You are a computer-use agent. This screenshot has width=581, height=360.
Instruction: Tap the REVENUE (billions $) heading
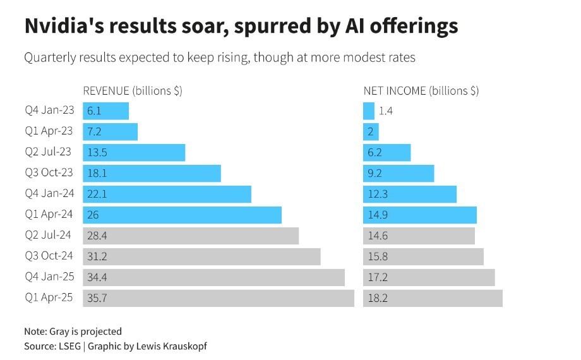click(133, 90)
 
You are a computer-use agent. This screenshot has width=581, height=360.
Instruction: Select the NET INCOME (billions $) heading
click(421, 90)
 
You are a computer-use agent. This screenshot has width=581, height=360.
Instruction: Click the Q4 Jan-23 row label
click(49, 111)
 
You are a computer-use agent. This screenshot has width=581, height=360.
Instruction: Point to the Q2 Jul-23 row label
click(49, 152)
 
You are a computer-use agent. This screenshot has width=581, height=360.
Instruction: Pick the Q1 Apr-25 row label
click(49, 297)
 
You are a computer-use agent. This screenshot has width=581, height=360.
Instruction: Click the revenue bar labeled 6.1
click(106, 111)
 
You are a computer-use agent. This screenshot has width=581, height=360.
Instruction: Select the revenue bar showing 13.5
click(134, 153)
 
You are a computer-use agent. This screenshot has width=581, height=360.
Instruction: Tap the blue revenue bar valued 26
click(182, 215)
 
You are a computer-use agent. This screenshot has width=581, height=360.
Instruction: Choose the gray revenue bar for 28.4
click(191, 236)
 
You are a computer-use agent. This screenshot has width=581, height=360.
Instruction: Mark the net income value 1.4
click(386, 111)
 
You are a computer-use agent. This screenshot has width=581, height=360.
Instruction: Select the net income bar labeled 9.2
click(398, 174)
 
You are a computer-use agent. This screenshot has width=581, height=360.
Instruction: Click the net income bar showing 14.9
click(420, 215)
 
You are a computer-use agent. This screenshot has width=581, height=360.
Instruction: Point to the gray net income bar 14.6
click(419, 236)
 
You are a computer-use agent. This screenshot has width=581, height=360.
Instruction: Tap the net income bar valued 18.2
click(433, 298)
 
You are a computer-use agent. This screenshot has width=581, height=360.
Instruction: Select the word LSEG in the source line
click(72, 346)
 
